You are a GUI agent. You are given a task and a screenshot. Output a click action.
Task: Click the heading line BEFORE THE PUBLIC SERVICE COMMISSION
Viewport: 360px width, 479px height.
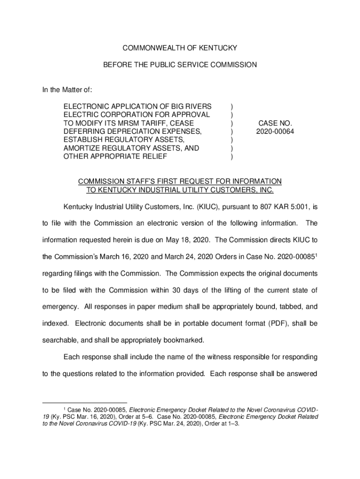[x=180, y=65]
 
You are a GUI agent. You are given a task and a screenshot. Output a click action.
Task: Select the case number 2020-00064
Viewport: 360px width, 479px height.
[x=274, y=131]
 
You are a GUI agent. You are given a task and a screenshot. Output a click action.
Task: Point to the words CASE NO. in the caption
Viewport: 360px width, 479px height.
[x=274, y=123]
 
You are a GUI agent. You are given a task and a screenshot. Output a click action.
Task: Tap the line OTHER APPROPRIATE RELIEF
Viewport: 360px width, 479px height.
[x=115, y=157]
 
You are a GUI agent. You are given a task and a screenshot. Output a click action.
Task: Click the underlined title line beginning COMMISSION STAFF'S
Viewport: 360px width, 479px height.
[x=180, y=181]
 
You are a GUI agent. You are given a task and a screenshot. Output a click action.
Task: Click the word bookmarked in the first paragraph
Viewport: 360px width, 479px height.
[x=181, y=340]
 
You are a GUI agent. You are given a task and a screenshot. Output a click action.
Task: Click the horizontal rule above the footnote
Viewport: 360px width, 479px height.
[x=84, y=403]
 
